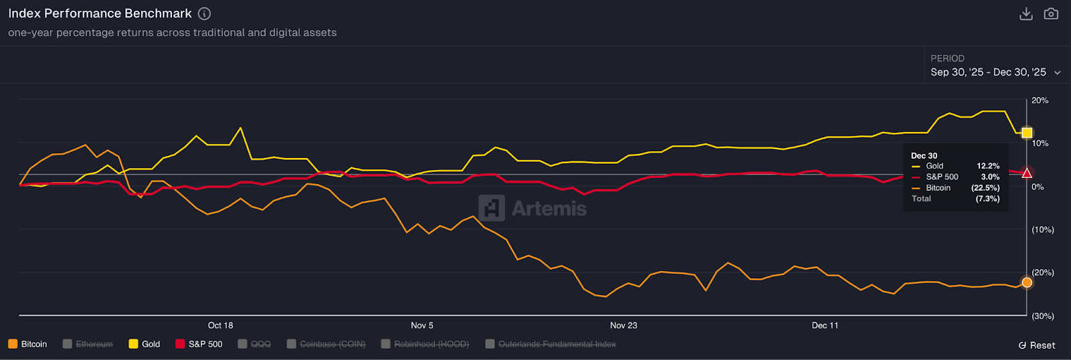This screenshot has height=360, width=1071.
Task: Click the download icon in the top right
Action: [x=1025, y=14]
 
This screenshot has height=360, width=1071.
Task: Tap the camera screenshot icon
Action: [x=1051, y=14]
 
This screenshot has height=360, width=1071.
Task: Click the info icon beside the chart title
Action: [x=205, y=13]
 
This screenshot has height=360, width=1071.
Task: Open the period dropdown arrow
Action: [x=1058, y=73]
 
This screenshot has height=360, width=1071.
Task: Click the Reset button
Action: [x=1037, y=345]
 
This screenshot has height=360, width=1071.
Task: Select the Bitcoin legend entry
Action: [x=27, y=344]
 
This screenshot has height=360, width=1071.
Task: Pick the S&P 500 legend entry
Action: [x=199, y=344]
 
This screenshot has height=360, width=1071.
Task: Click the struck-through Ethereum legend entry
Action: [x=88, y=344]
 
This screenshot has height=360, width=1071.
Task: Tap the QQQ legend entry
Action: [x=254, y=344]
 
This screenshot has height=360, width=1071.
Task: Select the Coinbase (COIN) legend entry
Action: [x=326, y=344]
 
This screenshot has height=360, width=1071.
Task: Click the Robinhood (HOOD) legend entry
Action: [x=425, y=344]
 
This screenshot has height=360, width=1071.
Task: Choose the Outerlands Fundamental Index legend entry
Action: [x=550, y=344]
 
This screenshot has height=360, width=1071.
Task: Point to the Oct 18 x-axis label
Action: [x=220, y=325]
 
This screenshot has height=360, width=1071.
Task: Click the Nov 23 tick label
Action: [x=623, y=325]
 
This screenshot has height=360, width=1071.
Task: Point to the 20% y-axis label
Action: [x=1040, y=100]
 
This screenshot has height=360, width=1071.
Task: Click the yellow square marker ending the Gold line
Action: [x=1027, y=133]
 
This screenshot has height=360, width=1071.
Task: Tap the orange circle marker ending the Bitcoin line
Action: [x=1027, y=282]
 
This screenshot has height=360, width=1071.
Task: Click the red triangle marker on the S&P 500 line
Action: [x=1027, y=173]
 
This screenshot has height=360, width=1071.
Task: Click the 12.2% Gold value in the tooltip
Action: [x=988, y=166]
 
